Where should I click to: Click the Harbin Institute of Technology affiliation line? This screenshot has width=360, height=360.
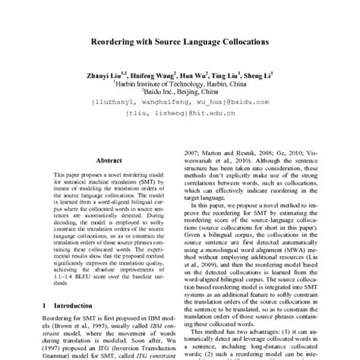click(179, 84)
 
